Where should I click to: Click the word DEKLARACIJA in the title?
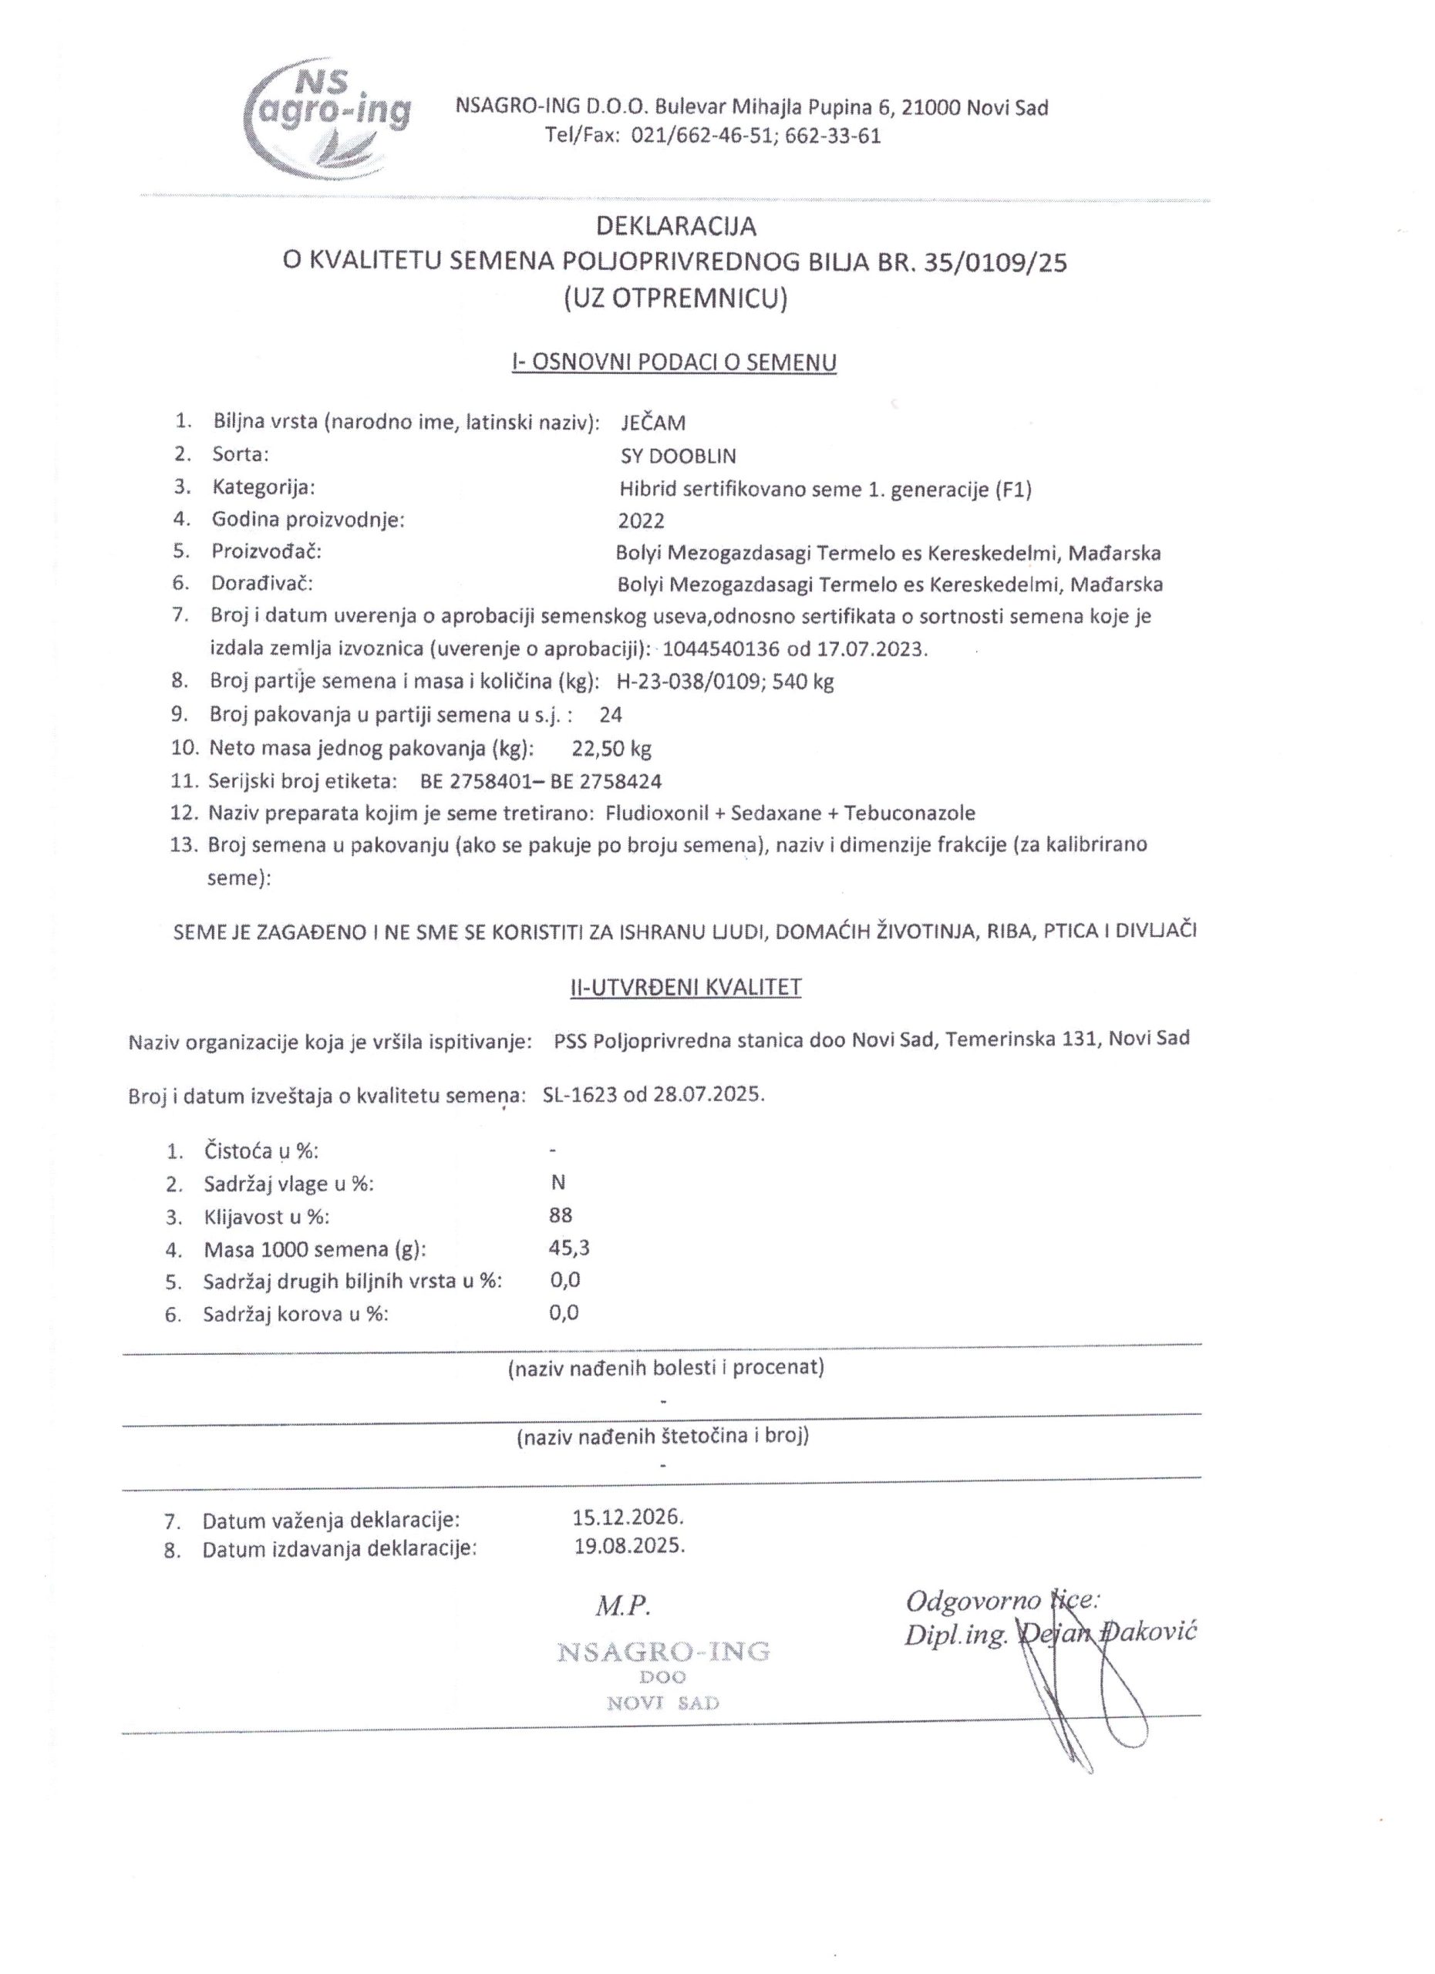tap(675, 226)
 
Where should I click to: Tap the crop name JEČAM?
tap(652, 423)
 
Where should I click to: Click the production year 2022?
tap(641, 521)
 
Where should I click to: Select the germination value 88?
tap(561, 1215)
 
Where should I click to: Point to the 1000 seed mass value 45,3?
tap(569, 1248)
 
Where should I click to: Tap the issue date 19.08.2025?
tap(629, 1547)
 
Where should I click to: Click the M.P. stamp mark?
tap(623, 1606)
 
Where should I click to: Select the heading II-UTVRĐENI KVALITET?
tap(679, 987)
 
